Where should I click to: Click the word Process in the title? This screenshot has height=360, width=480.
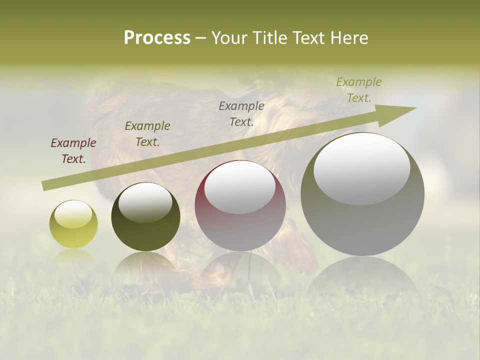point(157,38)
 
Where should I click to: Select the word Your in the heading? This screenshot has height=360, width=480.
point(229,38)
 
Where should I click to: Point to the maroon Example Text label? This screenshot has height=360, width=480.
point(73,151)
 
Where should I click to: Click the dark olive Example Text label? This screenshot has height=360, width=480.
point(147,134)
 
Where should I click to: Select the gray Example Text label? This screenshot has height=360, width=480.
point(241,114)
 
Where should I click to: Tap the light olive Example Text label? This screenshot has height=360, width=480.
point(359,90)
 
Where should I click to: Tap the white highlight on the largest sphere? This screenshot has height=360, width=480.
point(362,167)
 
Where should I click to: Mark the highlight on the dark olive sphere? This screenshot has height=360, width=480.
point(145,202)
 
